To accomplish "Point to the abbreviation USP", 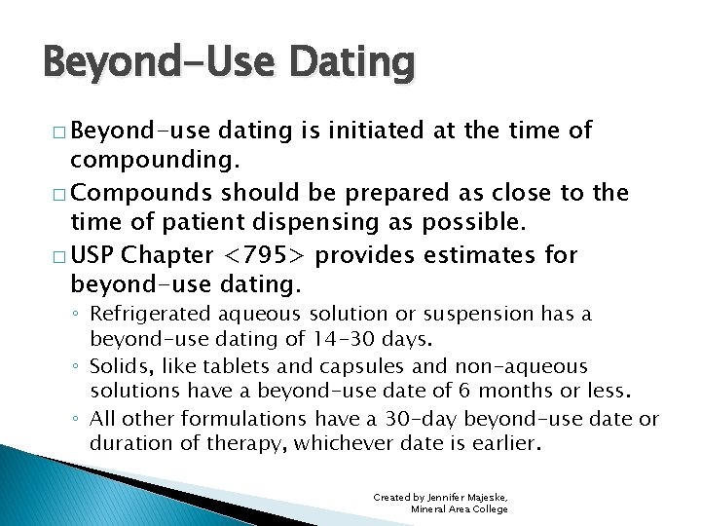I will pyautogui.click(x=92, y=256).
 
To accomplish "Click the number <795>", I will pyautogui.click(x=266, y=256).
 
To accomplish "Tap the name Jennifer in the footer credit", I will pyautogui.click(x=444, y=497).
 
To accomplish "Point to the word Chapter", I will pyautogui.click(x=168, y=256).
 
